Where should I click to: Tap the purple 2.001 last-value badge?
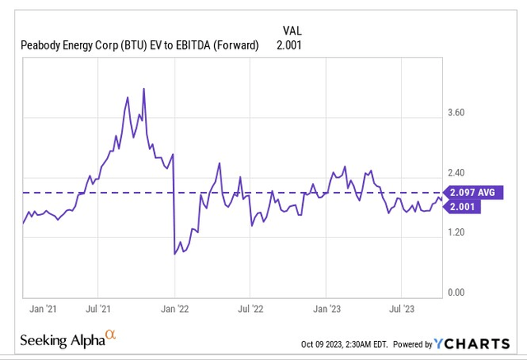coord(469,208)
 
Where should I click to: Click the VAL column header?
coord(291,30)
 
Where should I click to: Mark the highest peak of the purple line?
coord(144,87)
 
